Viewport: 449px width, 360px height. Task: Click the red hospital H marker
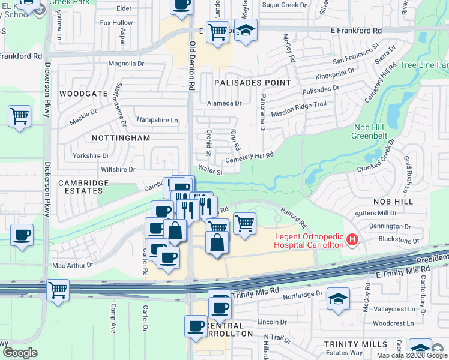tap(352, 241)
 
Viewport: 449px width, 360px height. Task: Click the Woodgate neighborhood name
tap(83, 94)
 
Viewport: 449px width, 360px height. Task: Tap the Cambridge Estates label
tap(83, 187)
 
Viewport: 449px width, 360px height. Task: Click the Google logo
tap(20, 352)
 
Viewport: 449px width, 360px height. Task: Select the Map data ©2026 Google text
tap(412, 355)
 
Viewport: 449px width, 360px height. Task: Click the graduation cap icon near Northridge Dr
tap(338, 298)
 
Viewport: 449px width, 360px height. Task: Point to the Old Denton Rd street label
tap(192, 66)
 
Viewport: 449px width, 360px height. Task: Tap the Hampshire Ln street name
tap(158, 120)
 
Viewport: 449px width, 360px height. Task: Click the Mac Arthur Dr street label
tap(73, 265)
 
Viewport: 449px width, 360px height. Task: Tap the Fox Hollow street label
tap(116, 23)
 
